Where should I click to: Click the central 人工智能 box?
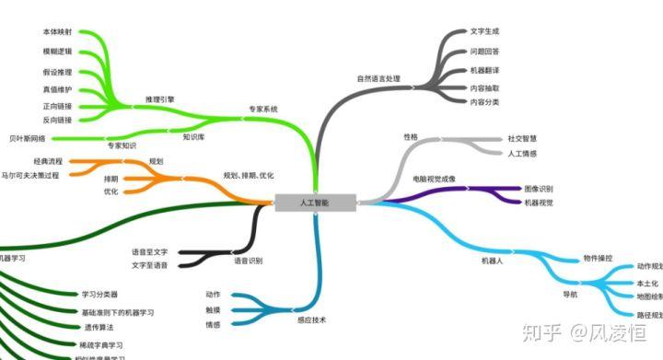point(315,203)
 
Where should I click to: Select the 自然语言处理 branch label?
point(378,78)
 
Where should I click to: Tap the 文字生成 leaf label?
point(483,31)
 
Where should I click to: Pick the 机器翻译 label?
point(483,70)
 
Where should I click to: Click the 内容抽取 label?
point(483,87)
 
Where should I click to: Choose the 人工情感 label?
point(522,153)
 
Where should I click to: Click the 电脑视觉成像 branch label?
point(435,178)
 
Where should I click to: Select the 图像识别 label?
point(538,188)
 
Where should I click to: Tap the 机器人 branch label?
point(493,261)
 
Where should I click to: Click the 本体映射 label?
point(57,31)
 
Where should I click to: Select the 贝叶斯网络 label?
point(28,138)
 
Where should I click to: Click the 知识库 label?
point(193,136)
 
